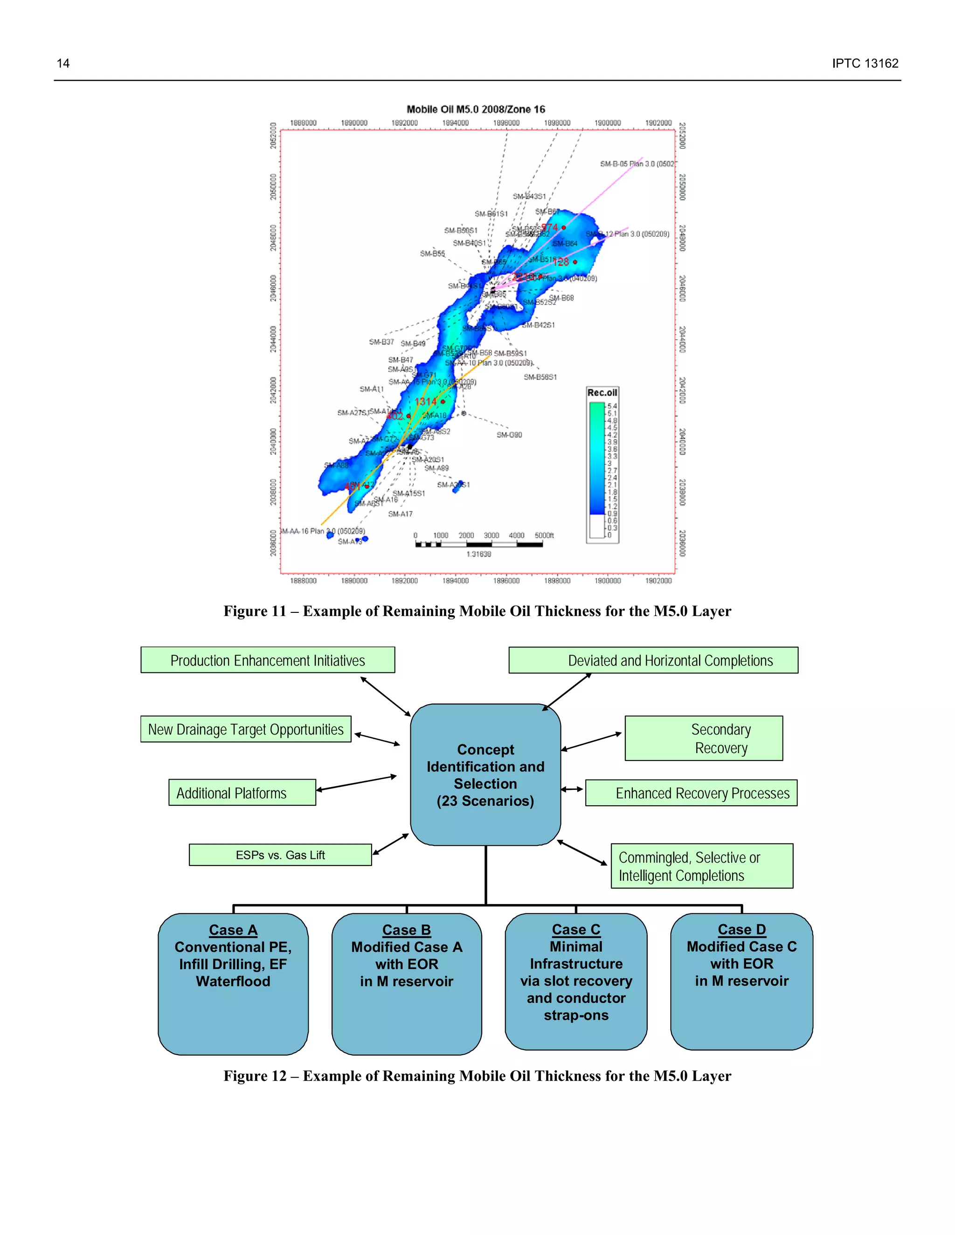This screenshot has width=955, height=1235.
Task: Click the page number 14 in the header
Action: (x=63, y=63)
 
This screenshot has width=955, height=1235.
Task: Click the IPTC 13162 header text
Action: (x=865, y=63)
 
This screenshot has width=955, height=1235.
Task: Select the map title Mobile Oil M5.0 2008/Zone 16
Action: (x=476, y=109)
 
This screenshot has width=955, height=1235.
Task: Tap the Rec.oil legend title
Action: (x=602, y=392)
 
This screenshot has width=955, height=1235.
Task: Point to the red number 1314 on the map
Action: (x=425, y=401)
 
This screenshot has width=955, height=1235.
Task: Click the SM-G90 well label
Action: (x=509, y=435)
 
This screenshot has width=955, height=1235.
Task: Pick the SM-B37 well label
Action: (x=381, y=342)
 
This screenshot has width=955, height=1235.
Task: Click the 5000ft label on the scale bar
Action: (x=544, y=535)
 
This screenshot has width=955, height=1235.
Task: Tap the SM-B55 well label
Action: (x=432, y=254)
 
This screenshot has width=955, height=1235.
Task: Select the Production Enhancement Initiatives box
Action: (x=268, y=660)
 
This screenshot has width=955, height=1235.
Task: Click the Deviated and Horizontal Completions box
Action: (x=653, y=660)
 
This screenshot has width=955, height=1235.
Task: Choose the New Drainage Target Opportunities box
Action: (x=246, y=729)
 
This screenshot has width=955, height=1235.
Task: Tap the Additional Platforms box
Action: (x=242, y=792)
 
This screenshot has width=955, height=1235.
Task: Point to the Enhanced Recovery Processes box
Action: (x=692, y=793)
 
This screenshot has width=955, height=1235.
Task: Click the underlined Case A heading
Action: (x=233, y=930)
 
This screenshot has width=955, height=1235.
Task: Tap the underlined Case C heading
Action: (x=576, y=929)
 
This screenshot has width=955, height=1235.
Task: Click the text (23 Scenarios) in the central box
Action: (x=485, y=801)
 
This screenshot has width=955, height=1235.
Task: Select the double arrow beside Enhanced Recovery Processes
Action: (x=572, y=789)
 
